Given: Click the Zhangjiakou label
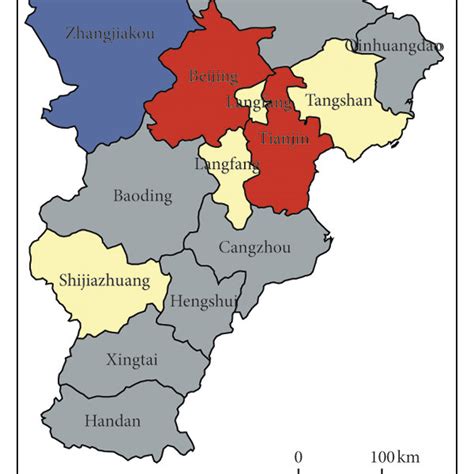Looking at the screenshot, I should (x=109, y=33).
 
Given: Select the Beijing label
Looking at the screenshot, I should (x=213, y=76).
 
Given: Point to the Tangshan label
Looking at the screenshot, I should (x=340, y=101).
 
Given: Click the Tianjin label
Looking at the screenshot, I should (x=278, y=139).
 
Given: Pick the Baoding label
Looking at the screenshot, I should (x=142, y=196).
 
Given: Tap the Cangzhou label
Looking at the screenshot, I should (x=255, y=246).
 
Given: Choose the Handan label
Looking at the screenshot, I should (x=114, y=421).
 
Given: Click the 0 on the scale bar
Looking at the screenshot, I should (x=298, y=457).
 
